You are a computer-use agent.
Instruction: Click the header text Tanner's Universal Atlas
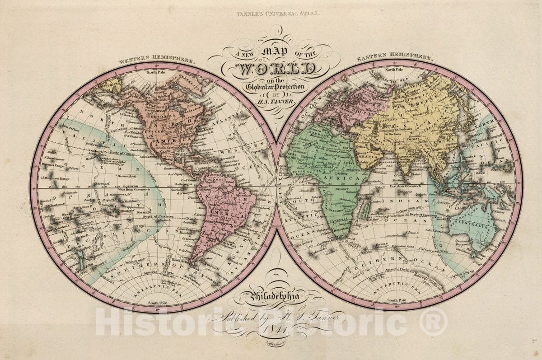277,14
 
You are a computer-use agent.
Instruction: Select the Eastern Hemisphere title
394,58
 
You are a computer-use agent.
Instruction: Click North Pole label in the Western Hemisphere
156,72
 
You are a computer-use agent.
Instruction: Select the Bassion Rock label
127,175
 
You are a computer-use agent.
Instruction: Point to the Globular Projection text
276,86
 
